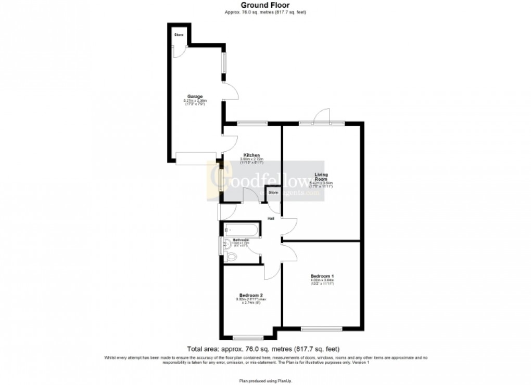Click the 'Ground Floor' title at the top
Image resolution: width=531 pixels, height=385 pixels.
[265, 6]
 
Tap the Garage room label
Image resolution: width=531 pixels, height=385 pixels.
[195, 97]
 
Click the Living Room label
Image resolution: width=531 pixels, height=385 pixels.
[320, 177]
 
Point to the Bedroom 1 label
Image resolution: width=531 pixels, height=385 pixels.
[322, 275]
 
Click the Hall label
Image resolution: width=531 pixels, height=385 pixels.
[271, 219]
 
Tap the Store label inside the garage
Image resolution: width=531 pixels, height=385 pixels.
[179, 35]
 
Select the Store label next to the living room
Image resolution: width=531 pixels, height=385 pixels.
[273, 192]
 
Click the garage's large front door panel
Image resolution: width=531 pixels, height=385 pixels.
[196, 158]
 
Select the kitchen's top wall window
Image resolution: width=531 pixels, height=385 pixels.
[252, 123]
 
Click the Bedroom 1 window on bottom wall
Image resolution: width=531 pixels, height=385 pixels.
[321, 328]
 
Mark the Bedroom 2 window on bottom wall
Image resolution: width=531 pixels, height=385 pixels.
[248, 338]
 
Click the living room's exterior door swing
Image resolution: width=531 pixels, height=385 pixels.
[323, 115]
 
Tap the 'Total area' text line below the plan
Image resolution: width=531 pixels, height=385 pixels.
[265, 349]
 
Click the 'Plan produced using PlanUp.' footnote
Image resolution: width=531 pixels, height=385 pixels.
[265, 380]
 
